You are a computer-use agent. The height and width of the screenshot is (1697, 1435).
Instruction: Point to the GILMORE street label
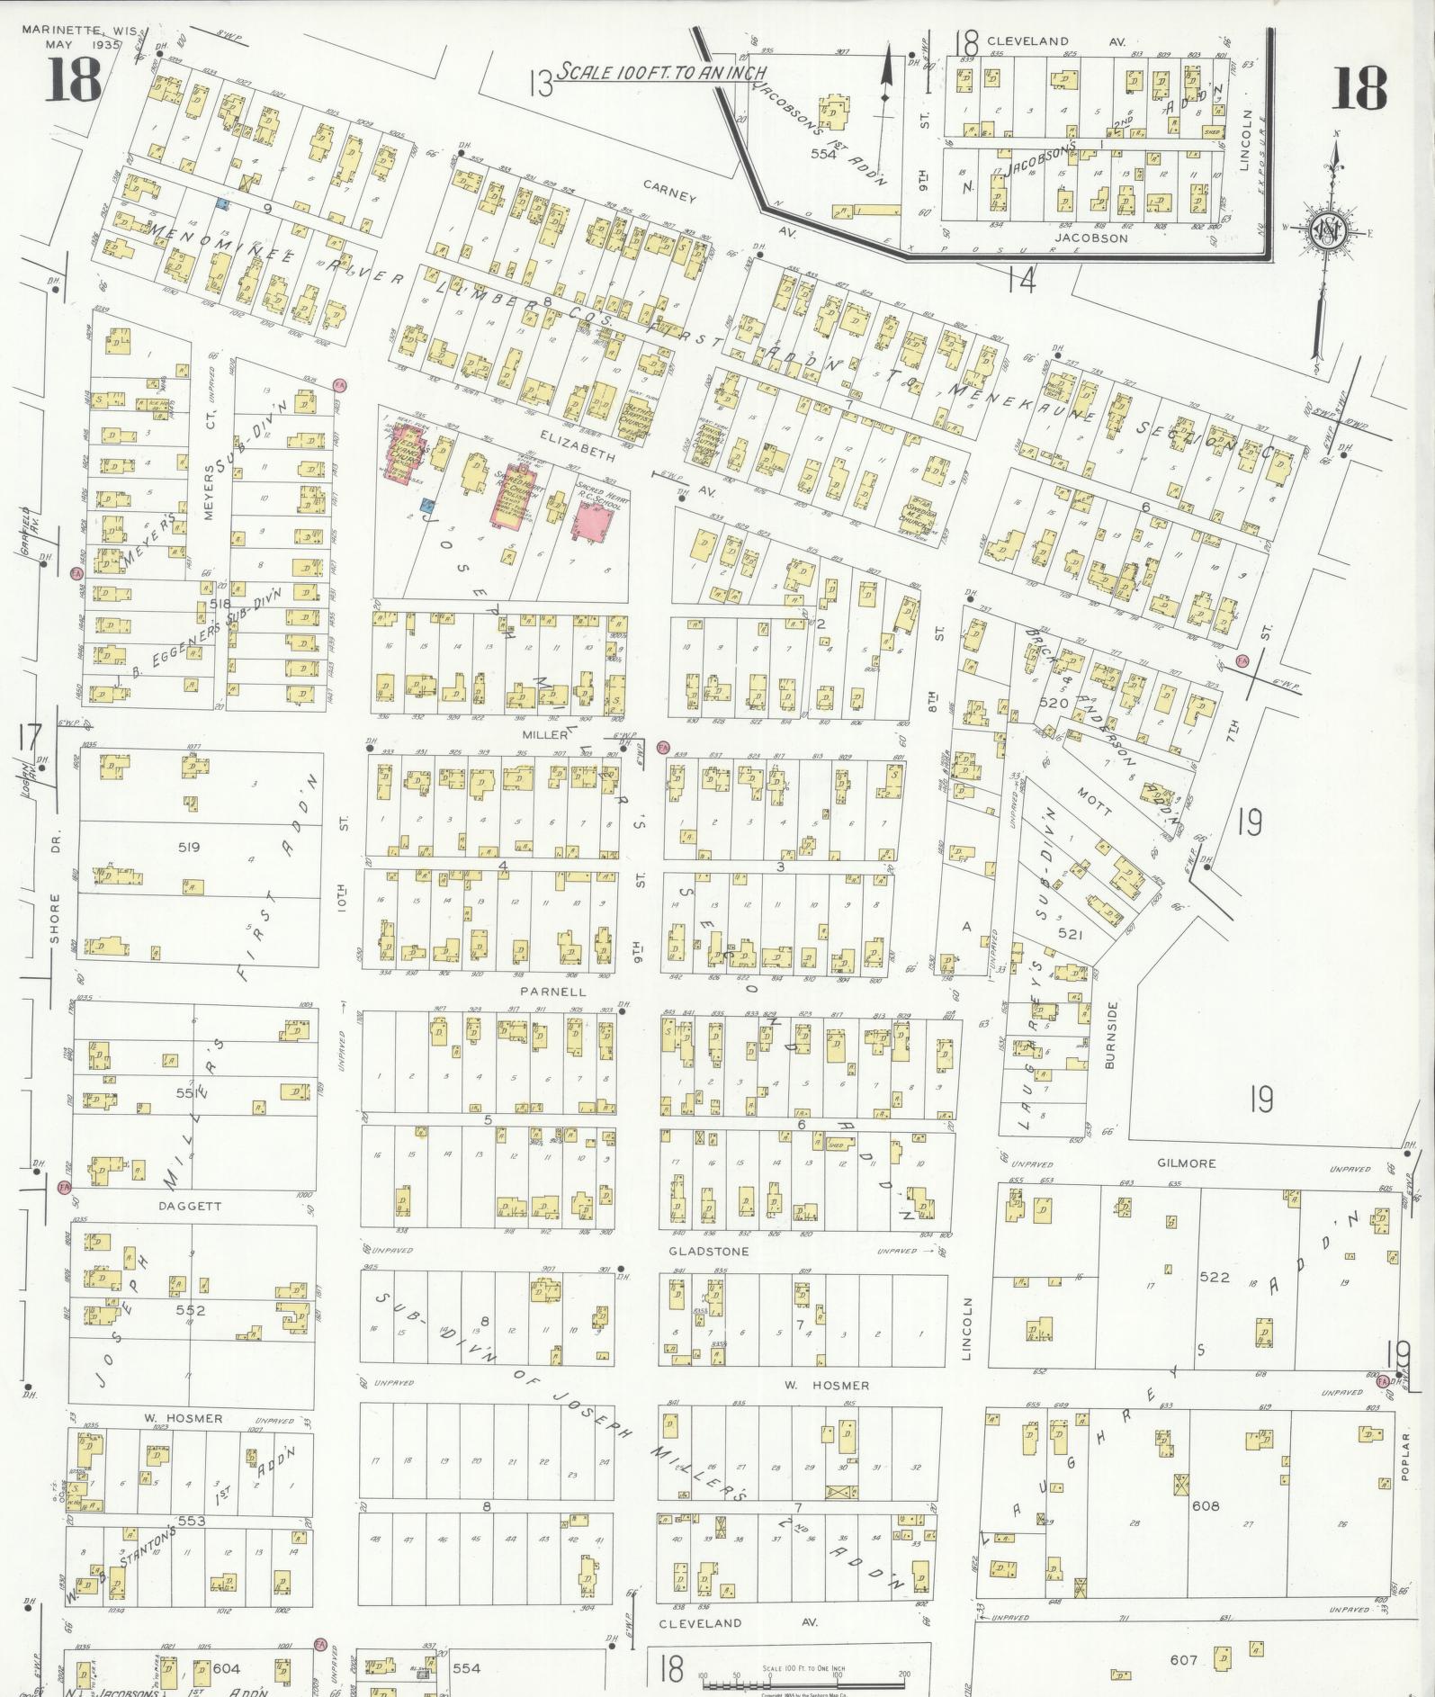1186,1163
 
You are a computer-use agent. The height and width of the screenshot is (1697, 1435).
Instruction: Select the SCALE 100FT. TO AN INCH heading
660,72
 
